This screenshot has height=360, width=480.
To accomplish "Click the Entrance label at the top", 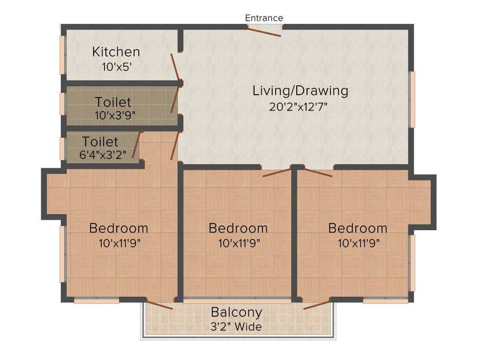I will tap(264, 18).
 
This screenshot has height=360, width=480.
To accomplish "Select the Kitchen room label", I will tap(116, 52).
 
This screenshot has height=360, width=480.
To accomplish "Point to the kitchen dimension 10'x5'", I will tap(116, 67).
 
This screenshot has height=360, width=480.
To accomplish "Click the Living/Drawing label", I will tap(300, 90).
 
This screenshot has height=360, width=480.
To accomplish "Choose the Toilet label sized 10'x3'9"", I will tap(113, 101).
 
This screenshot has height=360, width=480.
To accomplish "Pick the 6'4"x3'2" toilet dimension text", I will tap(103, 155).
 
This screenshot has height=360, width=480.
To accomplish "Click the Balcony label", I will tap(236, 312).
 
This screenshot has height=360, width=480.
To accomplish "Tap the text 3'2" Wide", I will tap(236, 327).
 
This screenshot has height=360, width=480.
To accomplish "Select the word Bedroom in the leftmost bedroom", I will tap(119, 228).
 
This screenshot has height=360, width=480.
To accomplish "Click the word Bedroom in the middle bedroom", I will tap(238, 228).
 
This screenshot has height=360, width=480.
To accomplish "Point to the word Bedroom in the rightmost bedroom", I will tap(358, 228).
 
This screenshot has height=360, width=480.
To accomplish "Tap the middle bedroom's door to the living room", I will tap(277, 173).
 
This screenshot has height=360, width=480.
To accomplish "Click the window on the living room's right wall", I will tap(412, 99).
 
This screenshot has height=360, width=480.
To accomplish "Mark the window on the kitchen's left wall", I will tap(62, 55).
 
